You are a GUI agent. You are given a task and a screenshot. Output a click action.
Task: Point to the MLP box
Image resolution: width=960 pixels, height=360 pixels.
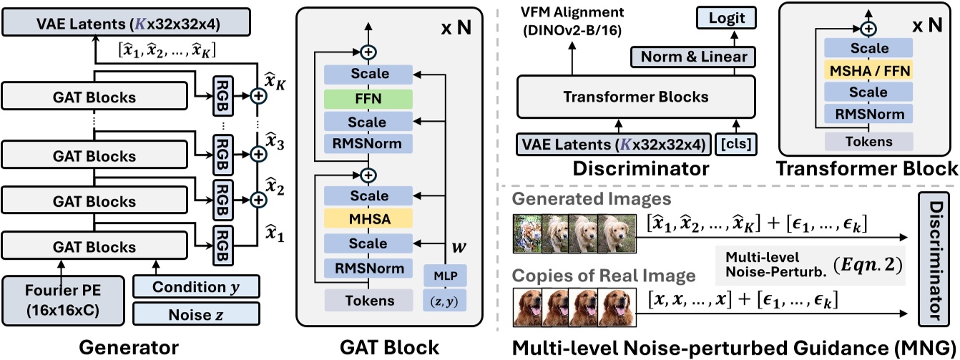tap(444, 276)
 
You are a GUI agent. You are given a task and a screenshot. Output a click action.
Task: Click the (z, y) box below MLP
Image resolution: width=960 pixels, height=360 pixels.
tap(444, 300)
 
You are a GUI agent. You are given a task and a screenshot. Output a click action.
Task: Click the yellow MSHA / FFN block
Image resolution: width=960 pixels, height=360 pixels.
tap(866, 70)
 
